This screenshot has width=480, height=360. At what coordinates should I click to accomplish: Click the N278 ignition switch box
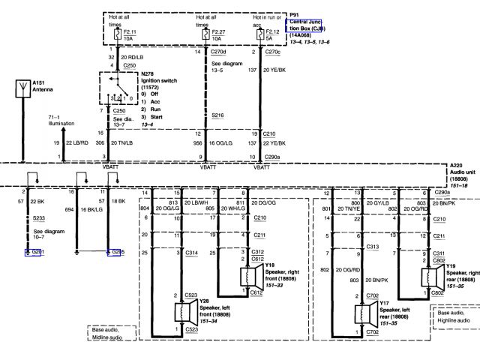113,89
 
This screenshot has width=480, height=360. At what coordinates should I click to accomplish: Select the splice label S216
217,115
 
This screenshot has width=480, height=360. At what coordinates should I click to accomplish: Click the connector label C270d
217,51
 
